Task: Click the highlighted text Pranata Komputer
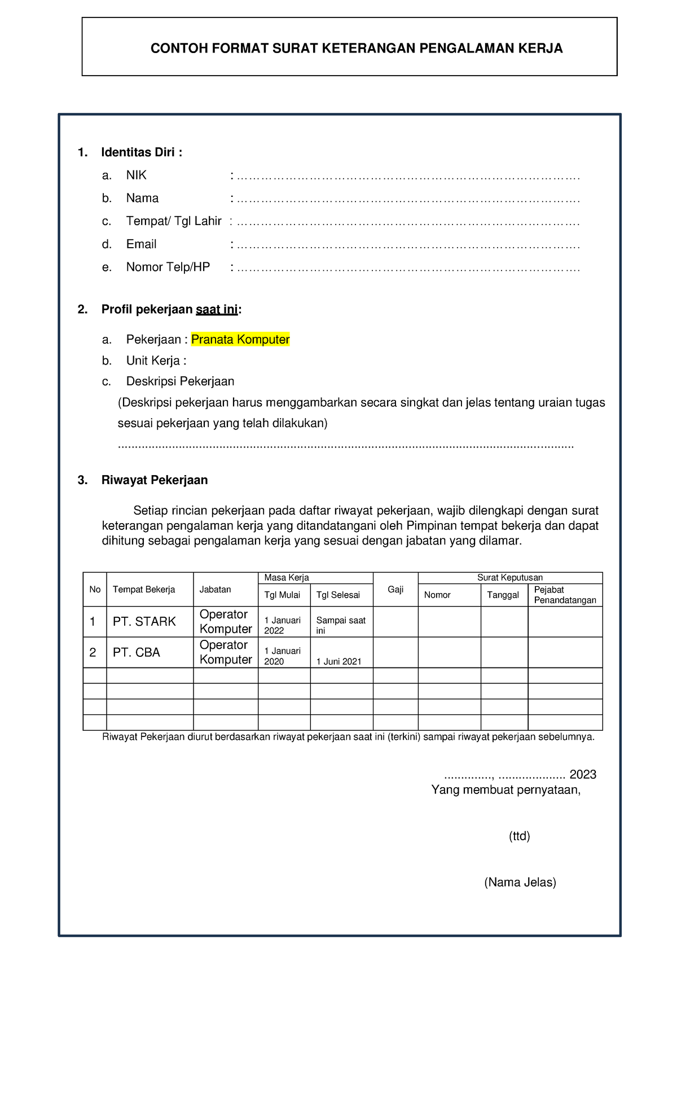pos(240,339)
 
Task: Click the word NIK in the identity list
pos(136,175)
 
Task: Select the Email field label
pos(141,244)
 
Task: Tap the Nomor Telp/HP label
pos(168,267)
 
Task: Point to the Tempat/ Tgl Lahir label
pos(173,221)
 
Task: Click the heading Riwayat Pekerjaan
pos(154,480)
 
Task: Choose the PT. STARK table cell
pos(144,622)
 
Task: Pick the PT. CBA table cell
pos(137,652)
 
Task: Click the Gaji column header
pos(395,590)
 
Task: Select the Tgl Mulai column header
pos(282,595)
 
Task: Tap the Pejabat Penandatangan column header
pos(565,595)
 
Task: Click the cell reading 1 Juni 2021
pos(338,661)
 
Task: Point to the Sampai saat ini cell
pos(341,625)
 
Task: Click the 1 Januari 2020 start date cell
pos(282,656)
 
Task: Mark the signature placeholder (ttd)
pos(519,836)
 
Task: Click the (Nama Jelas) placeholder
pos(520,883)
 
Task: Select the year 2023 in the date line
pos(583,774)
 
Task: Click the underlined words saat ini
pos(217,309)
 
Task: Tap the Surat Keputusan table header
pos(510,577)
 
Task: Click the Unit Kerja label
pos(153,361)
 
